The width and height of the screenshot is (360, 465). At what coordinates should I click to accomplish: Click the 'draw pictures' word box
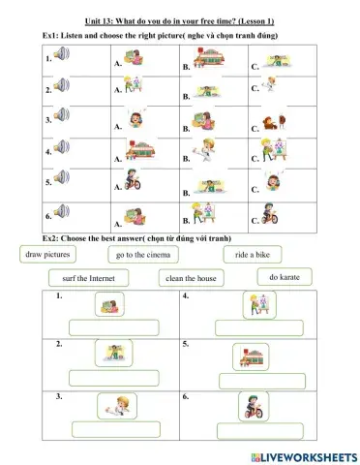[47, 254]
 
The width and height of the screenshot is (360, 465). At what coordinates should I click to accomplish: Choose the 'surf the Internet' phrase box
[81, 278]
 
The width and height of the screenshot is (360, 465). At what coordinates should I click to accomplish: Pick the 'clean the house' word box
[192, 278]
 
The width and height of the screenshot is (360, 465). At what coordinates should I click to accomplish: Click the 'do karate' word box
[285, 277]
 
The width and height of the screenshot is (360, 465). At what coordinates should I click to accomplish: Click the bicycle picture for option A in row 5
[134, 182]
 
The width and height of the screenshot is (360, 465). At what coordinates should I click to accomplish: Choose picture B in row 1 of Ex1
[205, 60]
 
